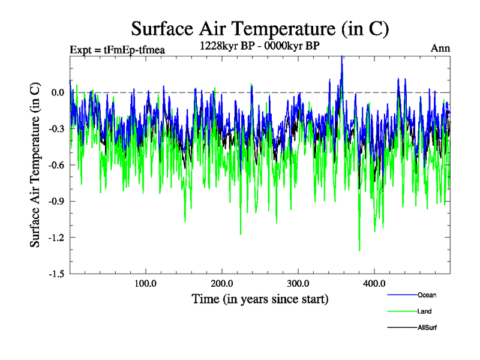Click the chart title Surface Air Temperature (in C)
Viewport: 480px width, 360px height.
click(x=260, y=28)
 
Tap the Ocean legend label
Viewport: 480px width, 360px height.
click(x=427, y=295)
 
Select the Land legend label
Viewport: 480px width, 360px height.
click(x=424, y=311)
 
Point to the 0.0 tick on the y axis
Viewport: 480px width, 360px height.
click(x=58, y=92)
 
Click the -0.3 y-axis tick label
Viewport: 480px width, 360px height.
click(x=56, y=128)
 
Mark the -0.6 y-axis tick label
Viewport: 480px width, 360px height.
click(x=56, y=165)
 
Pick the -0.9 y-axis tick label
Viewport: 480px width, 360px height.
click(x=56, y=201)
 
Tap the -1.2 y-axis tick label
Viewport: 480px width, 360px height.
click(x=56, y=238)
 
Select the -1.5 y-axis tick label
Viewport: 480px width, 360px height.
click(x=56, y=274)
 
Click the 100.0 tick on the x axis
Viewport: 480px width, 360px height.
click(x=145, y=283)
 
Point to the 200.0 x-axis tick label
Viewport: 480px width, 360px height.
click(x=222, y=283)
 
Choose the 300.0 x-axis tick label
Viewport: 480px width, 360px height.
click(x=298, y=283)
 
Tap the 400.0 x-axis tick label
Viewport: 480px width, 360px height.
click(x=374, y=283)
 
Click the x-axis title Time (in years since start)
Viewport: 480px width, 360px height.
click(x=260, y=298)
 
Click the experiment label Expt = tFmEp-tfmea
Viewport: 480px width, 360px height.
click(x=117, y=49)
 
